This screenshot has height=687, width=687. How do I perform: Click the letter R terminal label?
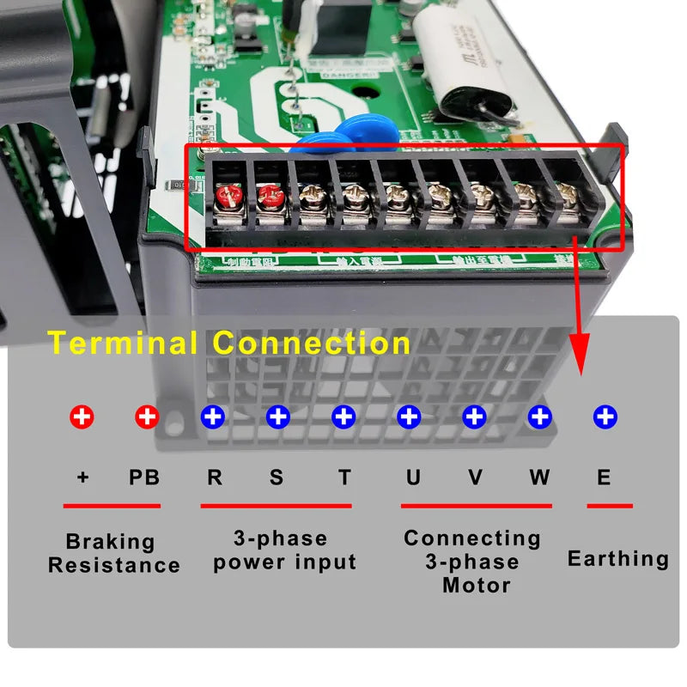pos(215,477)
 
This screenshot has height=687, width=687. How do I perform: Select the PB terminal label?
pos(144,477)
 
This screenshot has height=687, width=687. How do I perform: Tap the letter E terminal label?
pos(604,477)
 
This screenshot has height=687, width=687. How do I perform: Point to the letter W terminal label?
pos(539,477)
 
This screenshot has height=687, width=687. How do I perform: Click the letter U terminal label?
pos(413,477)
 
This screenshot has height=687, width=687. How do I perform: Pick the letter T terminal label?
pos(344,477)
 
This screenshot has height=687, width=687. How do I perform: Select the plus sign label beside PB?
pos(82,477)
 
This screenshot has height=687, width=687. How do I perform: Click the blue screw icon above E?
pos(605,417)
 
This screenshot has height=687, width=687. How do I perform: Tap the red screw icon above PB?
pos(147,417)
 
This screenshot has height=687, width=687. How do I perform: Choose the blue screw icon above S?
pos(277,417)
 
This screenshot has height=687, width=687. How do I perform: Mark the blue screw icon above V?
pos(474,417)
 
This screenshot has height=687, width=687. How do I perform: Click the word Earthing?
pos(617,559)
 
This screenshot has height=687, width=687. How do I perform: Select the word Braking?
pos(110,542)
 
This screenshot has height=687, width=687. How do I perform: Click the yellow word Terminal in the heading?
pos(125,343)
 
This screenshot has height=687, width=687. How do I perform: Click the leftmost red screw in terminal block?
pos(228,198)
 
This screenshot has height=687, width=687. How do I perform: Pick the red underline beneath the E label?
pos(610,506)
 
